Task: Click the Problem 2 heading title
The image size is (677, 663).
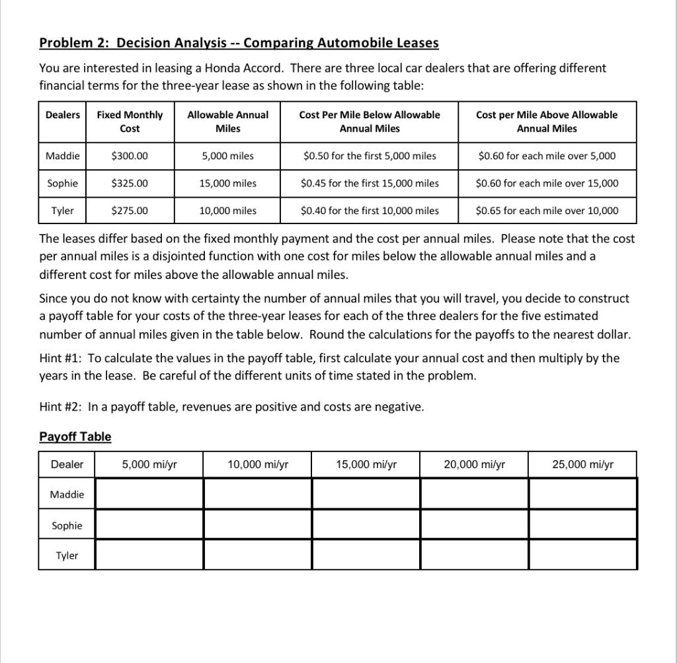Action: coord(239,43)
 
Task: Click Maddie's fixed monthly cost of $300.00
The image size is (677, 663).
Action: coord(130,156)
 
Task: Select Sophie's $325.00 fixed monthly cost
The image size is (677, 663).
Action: coord(130,183)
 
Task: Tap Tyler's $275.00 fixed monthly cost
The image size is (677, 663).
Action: coord(130,211)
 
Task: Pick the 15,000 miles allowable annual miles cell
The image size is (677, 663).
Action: coord(227,183)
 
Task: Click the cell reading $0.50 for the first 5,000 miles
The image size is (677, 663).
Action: coord(369,156)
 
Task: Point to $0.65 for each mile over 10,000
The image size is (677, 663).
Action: coord(547,211)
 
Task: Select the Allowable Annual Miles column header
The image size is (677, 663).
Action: coord(227,122)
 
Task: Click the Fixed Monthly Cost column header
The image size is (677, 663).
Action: coord(130,122)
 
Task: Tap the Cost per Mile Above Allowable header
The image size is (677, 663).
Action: coord(547,122)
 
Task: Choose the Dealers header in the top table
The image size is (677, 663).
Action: coord(62,115)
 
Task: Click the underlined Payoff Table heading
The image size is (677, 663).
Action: coord(75,436)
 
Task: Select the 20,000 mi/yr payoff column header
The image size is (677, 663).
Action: coord(474,464)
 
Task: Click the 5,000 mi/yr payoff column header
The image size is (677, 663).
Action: coord(149,464)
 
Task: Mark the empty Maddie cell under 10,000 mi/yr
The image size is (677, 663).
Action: coord(257,494)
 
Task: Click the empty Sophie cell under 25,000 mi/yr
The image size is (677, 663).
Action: coord(583,525)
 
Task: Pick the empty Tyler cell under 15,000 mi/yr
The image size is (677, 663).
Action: coord(366,555)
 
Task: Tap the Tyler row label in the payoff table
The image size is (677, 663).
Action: coord(67,555)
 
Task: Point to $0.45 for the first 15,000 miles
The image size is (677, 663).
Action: coord(369,183)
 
